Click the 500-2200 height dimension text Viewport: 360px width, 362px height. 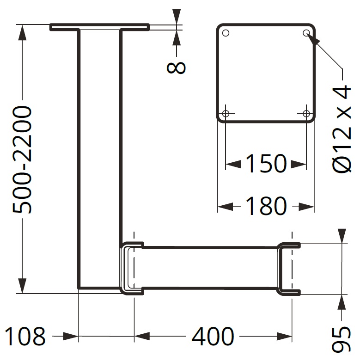coord(22,160)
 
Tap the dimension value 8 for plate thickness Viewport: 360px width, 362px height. coord(176,67)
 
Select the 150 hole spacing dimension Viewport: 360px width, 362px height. coord(266,163)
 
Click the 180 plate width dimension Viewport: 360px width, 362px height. coord(266,206)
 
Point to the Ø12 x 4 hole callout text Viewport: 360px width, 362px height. coord(342,129)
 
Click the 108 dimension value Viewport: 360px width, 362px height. coord(25,337)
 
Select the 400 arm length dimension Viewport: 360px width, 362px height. coord(213,337)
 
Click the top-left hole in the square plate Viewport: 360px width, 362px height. coord(226,33)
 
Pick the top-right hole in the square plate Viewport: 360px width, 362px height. coord(306,33)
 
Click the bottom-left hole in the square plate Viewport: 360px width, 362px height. coord(226,114)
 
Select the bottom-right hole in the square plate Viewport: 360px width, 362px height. coord(306,114)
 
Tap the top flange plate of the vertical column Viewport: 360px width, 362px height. coord(99,27)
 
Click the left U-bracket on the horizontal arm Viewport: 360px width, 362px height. coord(131,268)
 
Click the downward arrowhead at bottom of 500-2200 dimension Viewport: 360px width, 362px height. coord(22,285)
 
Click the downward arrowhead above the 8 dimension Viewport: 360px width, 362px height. coord(176,18)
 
